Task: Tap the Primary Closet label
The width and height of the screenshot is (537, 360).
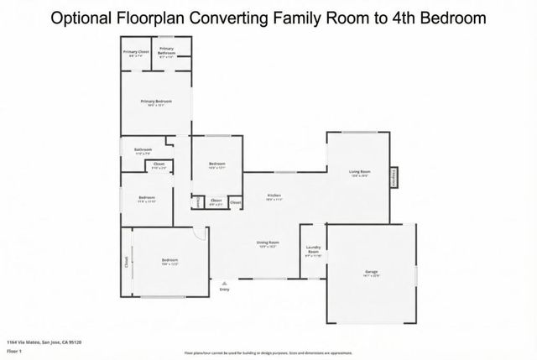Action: tap(135, 53)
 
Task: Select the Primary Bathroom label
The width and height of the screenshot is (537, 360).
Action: tap(167, 50)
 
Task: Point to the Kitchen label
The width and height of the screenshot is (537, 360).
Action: tap(274, 196)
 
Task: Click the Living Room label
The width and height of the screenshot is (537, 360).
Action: tap(360, 173)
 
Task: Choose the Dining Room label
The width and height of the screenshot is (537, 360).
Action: tap(268, 243)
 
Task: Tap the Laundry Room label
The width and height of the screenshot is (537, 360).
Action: tap(313, 251)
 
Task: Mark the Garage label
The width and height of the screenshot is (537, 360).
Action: tap(371, 271)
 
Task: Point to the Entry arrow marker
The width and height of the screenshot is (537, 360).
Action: tap(224, 284)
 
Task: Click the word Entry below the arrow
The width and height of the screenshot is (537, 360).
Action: tap(224, 290)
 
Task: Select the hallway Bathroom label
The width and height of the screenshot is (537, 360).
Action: tap(143, 150)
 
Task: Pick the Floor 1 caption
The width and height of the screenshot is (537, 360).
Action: tap(14, 351)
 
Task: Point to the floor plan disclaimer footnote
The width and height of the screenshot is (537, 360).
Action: tap(268, 352)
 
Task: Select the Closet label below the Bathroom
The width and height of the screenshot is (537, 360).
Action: tap(159, 166)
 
